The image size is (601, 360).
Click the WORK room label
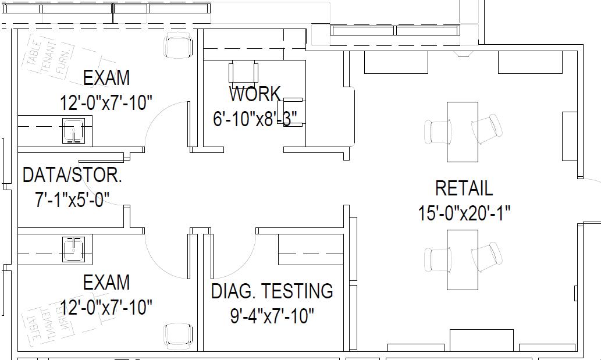(255, 94)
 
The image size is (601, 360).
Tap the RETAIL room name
(464, 188)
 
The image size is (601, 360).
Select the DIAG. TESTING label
(272, 291)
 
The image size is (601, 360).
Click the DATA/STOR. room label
(72, 174)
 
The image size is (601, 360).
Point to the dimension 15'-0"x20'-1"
(464, 213)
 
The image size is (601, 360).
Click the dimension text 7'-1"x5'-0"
(72, 200)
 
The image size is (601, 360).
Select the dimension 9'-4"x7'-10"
(272, 316)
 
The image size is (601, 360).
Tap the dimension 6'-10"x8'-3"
(255, 119)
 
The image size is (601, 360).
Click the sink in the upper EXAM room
(74, 130)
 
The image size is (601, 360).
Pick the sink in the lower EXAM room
(74, 249)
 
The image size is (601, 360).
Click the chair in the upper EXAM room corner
(177, 46)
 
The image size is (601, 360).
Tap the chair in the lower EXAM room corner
(177, 336)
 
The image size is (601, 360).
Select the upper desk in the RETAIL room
(463, 131)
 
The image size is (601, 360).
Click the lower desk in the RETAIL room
(463, 259)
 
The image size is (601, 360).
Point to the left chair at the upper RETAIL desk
(439, 131)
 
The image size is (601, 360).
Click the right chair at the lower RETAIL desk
(487, 257)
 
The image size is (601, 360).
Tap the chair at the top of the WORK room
(244, 72)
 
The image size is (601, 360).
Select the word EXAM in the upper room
(106, 78)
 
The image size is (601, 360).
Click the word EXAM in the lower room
(106, 283)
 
